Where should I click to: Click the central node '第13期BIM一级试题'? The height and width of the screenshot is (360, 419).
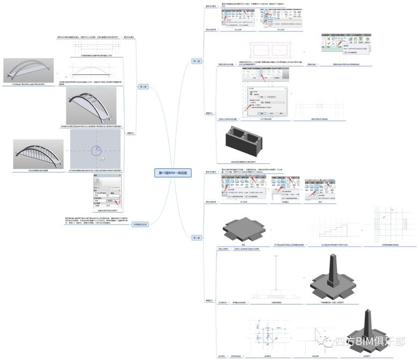click(x=173, y=172)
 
